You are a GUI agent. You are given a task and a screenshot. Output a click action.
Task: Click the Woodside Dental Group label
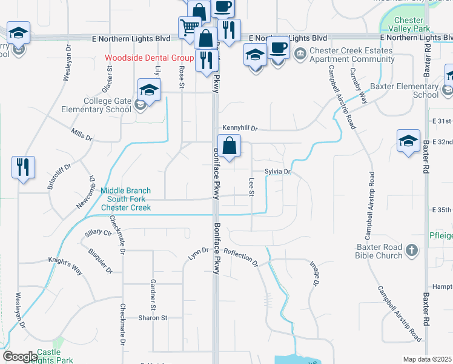tap(148, 59)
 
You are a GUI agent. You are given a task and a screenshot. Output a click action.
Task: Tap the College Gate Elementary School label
tap(96, 105)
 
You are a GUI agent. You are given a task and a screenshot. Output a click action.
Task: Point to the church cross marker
tap(412, 250)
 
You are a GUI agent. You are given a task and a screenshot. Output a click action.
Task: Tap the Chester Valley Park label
tap(409, 24)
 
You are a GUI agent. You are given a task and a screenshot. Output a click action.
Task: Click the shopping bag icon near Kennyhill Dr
tap(230, 147)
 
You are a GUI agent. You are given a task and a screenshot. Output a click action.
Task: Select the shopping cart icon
tap(189, 27)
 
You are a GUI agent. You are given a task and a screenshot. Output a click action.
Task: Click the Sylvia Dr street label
tap(278, 172)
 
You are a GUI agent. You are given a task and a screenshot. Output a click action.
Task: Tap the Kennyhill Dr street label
tap(240, 129)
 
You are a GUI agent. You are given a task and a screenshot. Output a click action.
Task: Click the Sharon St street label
tap(153, 317)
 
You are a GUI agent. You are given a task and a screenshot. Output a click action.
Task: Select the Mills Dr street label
tap(81, 134)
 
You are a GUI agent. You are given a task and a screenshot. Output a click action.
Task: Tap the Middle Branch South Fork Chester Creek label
tap(125, 198)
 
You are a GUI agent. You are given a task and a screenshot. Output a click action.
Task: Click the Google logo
tap(20, 357)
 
